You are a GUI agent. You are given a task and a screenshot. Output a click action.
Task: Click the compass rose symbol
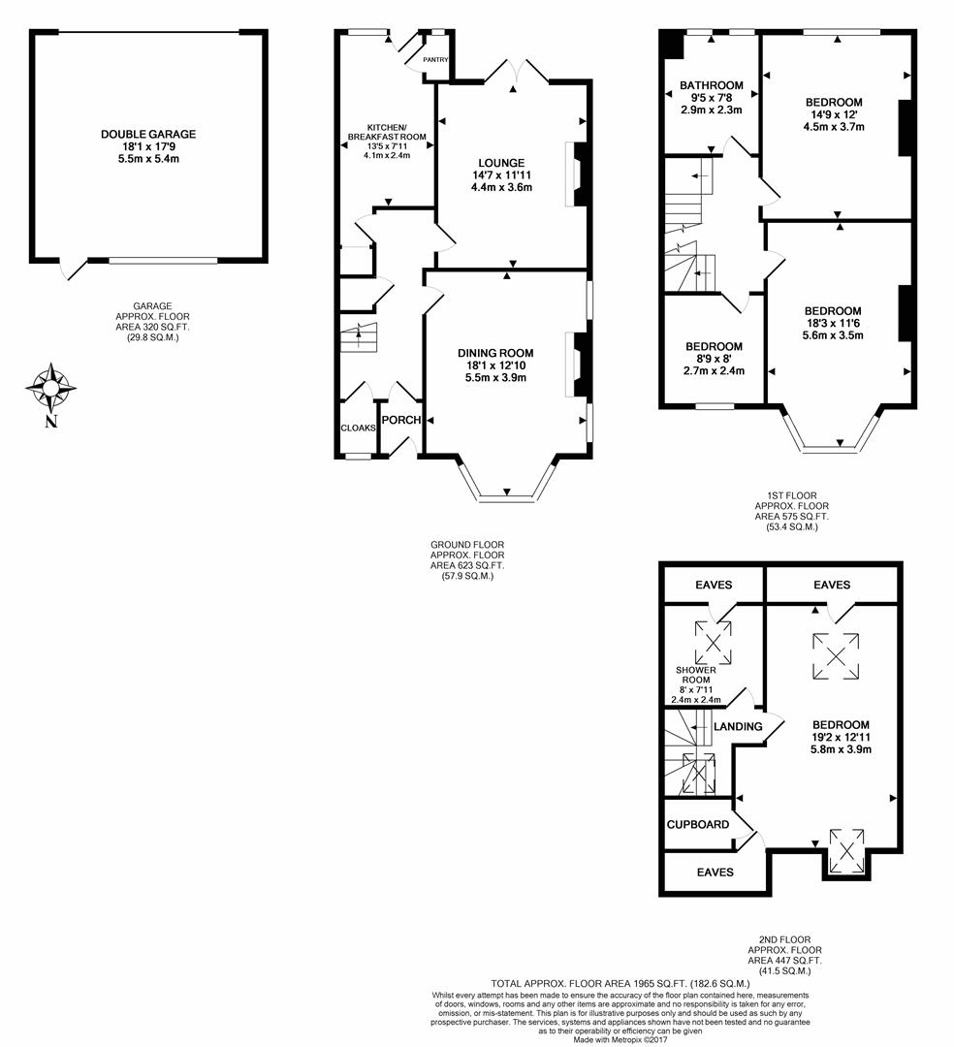pyautogui.click(x=50, y=388)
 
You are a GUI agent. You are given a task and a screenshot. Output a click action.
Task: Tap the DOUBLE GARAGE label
pyautogui.click(x=148, y=134)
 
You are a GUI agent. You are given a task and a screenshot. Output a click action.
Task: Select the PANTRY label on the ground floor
pyautogui.click(x=436, y=60)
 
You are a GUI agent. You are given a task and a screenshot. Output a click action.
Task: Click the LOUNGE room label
pyautogui.click(x=501, y=163)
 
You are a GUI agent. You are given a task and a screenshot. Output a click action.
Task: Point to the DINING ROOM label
pyautogui.click(x=495, y=353)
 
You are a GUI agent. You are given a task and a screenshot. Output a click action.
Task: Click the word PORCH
pyautogui.click(x=401, y=420)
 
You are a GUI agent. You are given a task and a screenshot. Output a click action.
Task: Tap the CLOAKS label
pyautogui.click(x=359, y=428)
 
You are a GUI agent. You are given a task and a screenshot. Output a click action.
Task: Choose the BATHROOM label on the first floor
pyautogui.click(x=711, y=85)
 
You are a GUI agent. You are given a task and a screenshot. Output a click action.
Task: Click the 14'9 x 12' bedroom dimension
pyautogui.click(x=834, y=114)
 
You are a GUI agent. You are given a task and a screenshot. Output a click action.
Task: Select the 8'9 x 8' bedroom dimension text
pyautogui.click(x=714, y=359)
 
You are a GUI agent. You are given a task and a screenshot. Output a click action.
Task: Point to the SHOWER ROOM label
pyautogui.click(x=696, y=675)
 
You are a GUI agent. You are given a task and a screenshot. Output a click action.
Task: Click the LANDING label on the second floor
pyautogui.click(x=738, y=726)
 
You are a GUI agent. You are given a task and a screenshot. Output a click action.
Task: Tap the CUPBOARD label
pyautogui.click(x=698, y=825)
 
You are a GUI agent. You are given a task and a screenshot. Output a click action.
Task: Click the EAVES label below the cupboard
pyautogui.click(x=715, y=872)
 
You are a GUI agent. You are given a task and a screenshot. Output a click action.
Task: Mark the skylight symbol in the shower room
pyautogui.click(x=713, y=643)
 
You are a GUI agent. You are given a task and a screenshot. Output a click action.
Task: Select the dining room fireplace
pyautogui.click(x=578, y=365)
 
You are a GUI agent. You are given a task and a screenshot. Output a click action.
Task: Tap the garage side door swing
pyautogui.click(x=74, y=270)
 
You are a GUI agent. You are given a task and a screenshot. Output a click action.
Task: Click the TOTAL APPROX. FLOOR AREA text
pyautogui.click(x=620, y=984)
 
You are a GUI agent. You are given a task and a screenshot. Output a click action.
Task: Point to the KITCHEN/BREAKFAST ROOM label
pyautogui.click(x=387, y=132)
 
